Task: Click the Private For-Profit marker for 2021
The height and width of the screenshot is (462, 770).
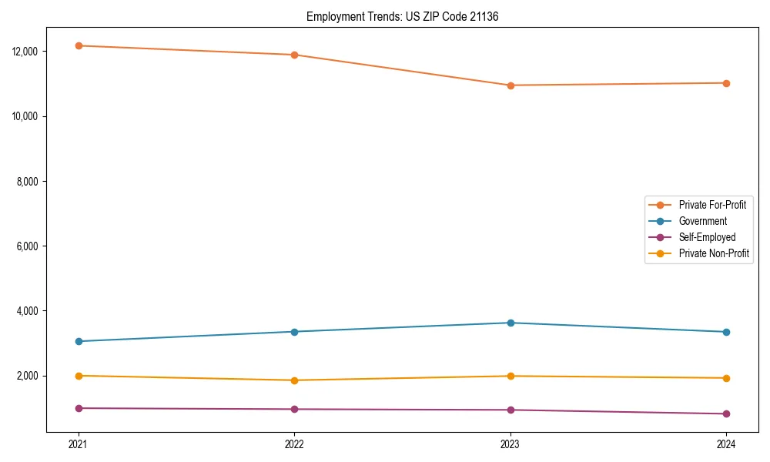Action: pos(79,45)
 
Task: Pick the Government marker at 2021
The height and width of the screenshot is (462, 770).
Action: pos(79,341)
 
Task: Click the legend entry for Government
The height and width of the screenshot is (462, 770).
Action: pos(702,221)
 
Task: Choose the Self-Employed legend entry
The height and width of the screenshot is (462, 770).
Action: pos(707,237)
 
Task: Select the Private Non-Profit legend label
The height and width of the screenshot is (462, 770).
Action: pos(714,253)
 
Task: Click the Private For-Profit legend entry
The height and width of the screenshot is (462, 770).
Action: pos(712,205)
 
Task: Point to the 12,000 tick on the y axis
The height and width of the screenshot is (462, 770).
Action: pos(28,52)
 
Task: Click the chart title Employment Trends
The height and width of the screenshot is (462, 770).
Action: pos(402,16)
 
